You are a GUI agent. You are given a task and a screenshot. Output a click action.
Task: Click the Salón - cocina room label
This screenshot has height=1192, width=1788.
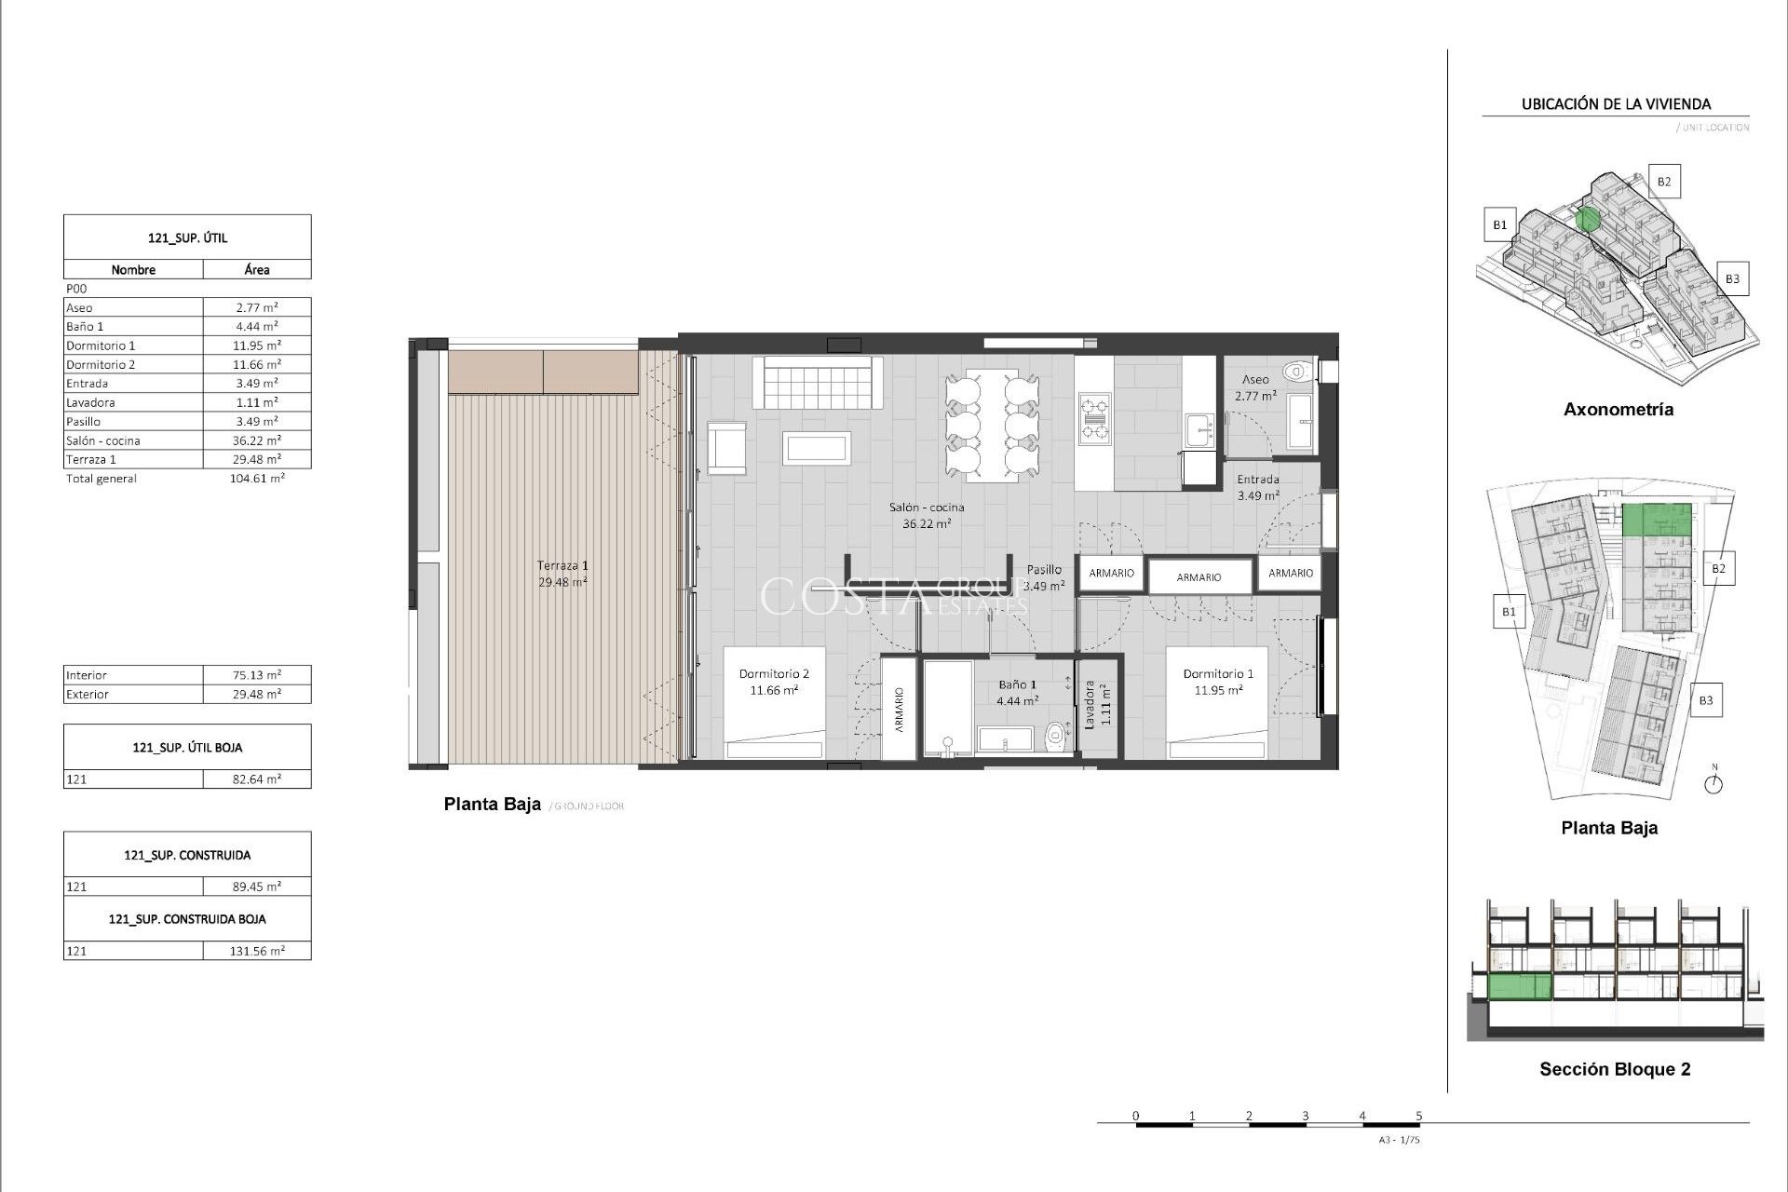(x=926, y=508)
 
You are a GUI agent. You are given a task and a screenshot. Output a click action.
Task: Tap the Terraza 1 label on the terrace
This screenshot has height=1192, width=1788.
(x=562, y=565)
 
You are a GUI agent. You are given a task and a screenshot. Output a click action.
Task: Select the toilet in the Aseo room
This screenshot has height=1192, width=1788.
(x=1295, y=372)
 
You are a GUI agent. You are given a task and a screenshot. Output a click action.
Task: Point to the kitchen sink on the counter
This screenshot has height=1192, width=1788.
(x=1199, y=431)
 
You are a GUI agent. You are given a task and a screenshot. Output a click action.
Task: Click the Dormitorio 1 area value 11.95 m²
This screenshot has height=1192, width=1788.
(x=1218, y=691)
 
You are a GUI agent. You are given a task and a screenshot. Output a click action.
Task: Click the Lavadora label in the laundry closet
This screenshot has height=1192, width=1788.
(x=1089, y=704)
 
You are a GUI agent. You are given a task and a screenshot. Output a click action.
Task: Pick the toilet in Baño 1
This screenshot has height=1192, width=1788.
(x=1054, y=738)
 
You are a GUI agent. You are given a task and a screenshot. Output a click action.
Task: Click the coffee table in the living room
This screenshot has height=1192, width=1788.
(x=817, y=448)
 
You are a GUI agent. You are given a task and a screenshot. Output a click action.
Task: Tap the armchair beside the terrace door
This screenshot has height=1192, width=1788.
(x=726, y=448)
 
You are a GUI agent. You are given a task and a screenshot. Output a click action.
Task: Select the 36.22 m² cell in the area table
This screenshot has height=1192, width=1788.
(x=256, y=440)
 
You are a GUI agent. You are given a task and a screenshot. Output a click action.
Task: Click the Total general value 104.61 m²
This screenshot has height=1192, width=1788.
(x=258, y=479)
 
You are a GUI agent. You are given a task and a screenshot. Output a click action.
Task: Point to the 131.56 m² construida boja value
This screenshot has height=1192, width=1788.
(x=258, y=952)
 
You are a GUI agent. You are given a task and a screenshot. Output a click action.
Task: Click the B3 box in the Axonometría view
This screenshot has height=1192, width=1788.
(x=1732, y=278)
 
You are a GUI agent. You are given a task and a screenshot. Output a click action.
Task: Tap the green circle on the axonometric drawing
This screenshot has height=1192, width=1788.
(x=1589, y=220)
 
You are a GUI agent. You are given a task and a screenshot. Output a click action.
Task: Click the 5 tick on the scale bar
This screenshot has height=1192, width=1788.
(x=1419, y=1116)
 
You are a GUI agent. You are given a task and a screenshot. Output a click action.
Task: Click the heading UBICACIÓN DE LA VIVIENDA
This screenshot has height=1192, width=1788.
(x=1616, y=104)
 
